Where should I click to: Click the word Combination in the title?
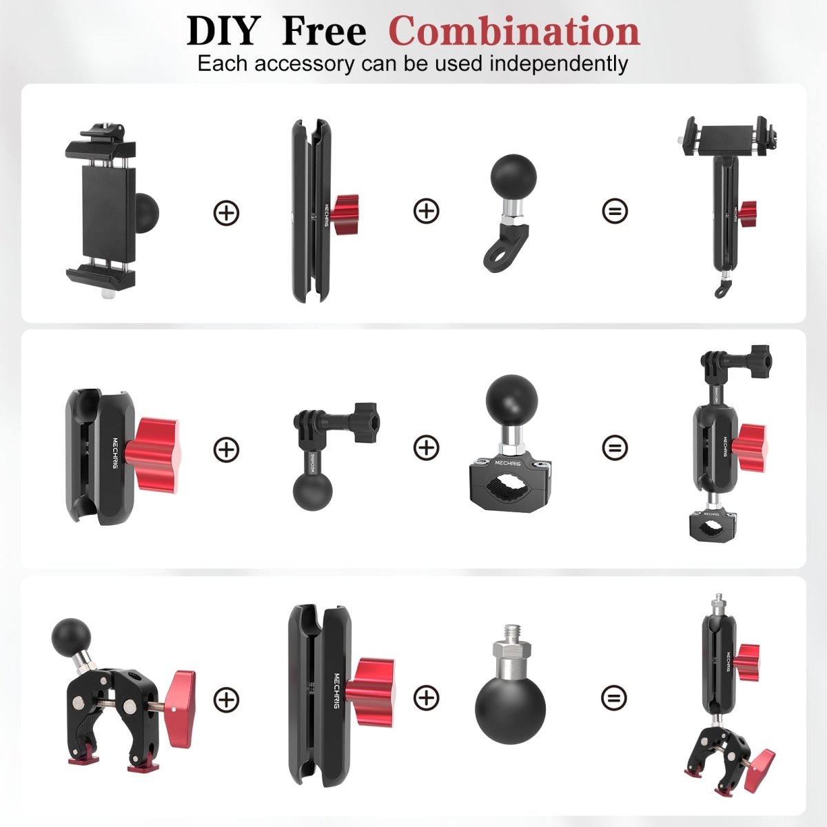point(514,31)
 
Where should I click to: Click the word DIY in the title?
point(222,32)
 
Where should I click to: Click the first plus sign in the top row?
point(226,212)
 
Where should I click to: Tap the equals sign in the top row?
point(614,210)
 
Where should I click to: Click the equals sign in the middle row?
point(614,448)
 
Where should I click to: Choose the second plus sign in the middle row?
point(427,448)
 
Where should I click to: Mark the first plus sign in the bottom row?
point(226,700)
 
